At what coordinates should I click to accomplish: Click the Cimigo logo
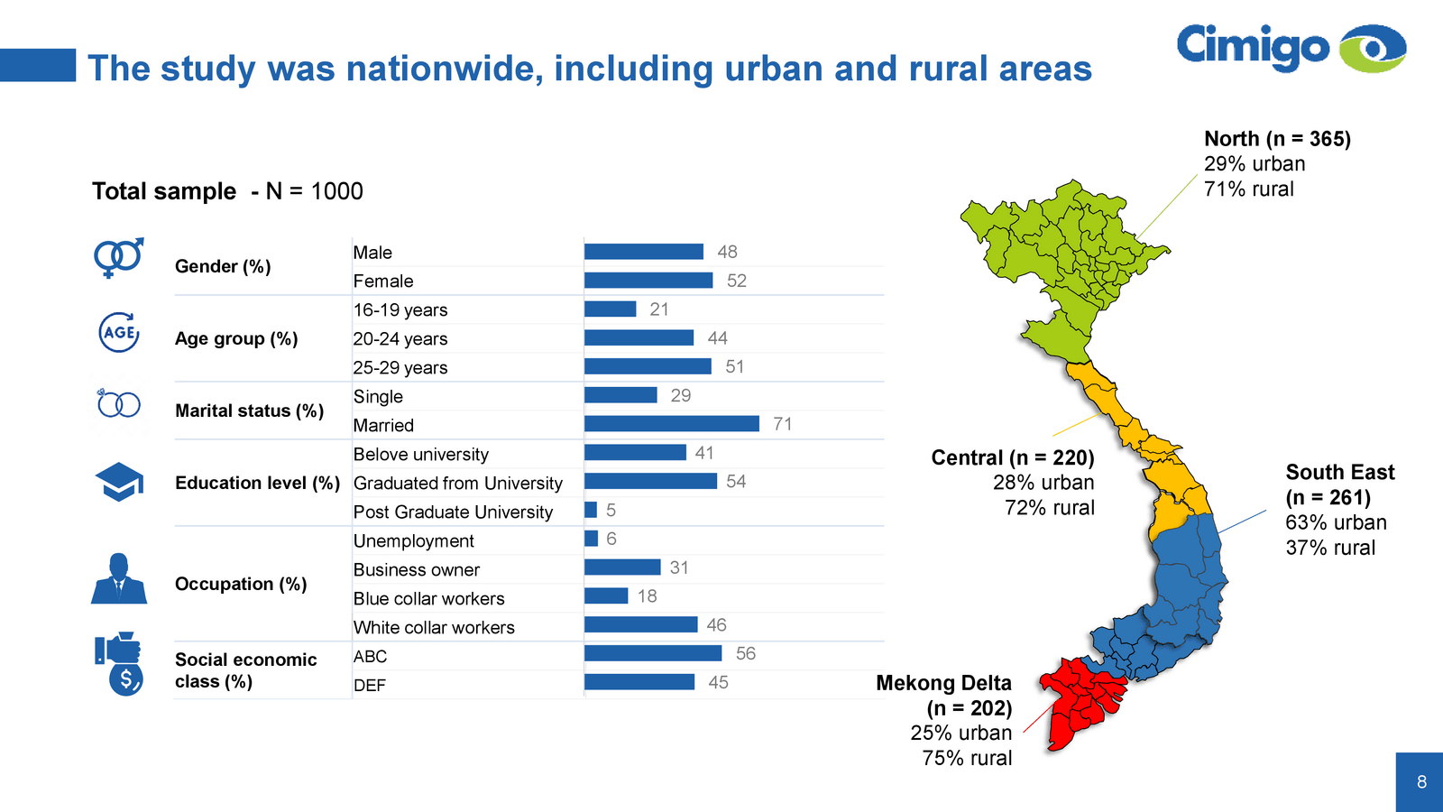(x=1291, y=47)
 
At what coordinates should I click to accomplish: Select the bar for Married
(x=672, y=424)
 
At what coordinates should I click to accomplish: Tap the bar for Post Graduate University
(x=591, y=511)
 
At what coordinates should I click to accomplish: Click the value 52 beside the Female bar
(x=737, y=281)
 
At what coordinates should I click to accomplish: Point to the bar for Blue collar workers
(x=606, y=596)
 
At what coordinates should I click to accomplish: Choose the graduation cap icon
(x=119, y=483)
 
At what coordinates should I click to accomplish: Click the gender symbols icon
(x=118, y=258)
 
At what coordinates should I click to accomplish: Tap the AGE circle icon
(x=118, y=332)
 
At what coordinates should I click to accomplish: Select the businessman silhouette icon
(x=118, y=579)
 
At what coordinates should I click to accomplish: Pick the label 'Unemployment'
(x=413, y=540)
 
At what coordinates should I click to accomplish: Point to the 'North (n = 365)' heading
(x=1277, y=139)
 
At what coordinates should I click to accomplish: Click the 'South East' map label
(x=1339, y=473)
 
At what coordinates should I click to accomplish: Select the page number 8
(x=1421, y=782)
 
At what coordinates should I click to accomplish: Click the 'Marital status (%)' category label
(x=249, y=411)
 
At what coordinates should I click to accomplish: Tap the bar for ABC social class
(x=653, y=653)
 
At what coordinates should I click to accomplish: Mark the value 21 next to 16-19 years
(x=659, y=309)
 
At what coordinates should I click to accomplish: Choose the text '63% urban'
(x=1336, y=522)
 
